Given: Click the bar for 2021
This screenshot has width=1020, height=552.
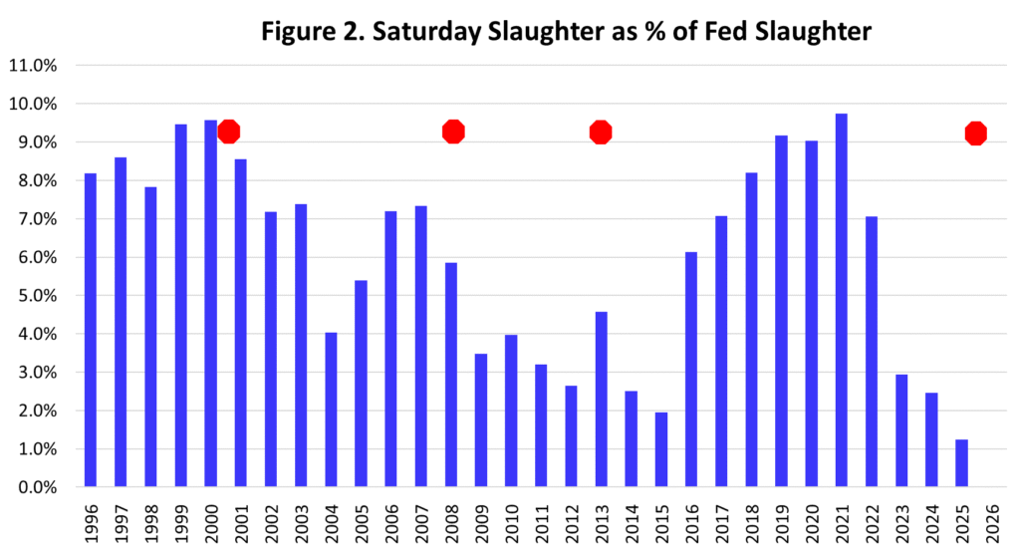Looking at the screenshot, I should (x=842, y=300).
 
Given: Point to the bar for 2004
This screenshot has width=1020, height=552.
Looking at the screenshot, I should (x=331, y=410).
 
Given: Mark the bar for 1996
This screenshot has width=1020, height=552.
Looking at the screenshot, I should (x=91, y=330).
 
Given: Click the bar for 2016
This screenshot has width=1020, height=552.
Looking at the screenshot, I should (x=691, y=370).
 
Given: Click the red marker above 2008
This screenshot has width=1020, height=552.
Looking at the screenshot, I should (x=454, y=132).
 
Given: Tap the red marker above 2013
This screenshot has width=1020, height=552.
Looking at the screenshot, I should (x=601, y=132).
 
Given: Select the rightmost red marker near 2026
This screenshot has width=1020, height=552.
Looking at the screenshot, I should (x=976, y=133).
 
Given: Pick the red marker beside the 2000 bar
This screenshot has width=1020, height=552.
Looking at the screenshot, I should (x=229, y=132).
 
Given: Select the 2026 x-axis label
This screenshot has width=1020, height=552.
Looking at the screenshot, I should (x=991, y=522).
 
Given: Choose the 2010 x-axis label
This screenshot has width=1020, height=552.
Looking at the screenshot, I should (x=511, y=522).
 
